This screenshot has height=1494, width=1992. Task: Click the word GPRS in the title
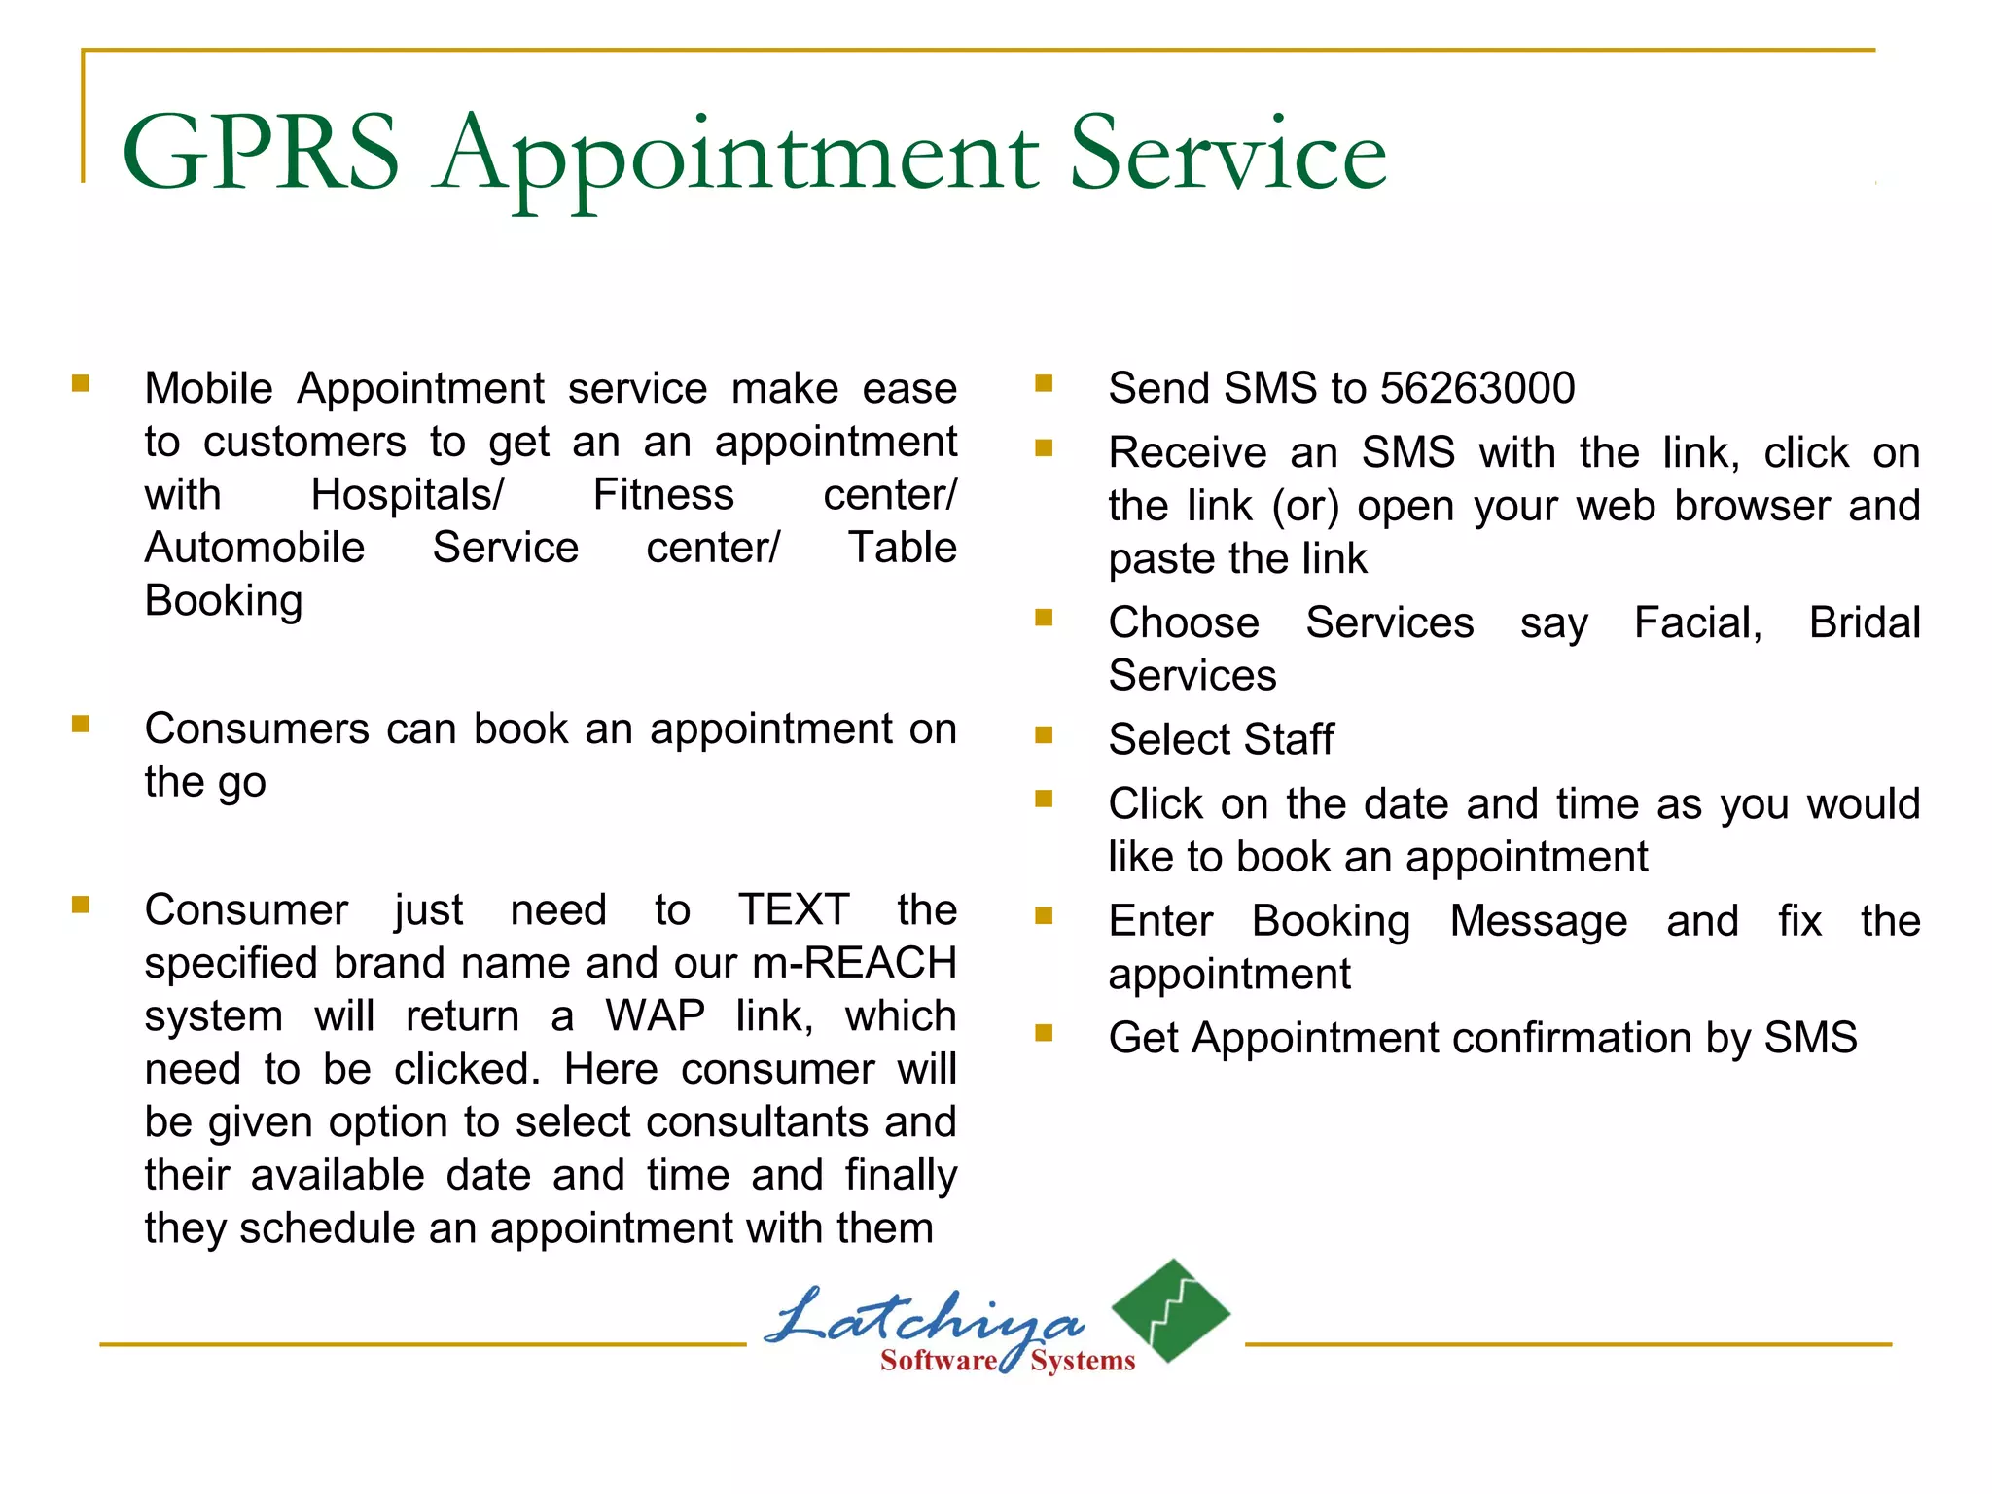point(261,153)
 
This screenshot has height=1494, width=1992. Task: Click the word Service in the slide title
point(1227,153)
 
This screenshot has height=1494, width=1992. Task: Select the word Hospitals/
point(407,495)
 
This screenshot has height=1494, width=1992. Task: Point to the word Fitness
point(663,495)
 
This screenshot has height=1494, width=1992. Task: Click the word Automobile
point(255,548)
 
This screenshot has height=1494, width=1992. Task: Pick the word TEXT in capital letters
point(794,910)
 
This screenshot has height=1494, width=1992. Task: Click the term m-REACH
point(854,963)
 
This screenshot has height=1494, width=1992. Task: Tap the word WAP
point(655,1016)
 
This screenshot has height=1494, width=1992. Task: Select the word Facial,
point(1698,622)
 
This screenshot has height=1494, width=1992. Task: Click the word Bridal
point(1864,622)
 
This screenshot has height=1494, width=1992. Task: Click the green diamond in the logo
point(1171,1309)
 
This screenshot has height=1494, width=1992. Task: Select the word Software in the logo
point(938,1360)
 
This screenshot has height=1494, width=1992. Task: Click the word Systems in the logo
point(1083,1360)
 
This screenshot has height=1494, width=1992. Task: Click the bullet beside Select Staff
point(1045,735)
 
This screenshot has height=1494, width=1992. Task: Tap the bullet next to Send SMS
point(1045,383)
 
